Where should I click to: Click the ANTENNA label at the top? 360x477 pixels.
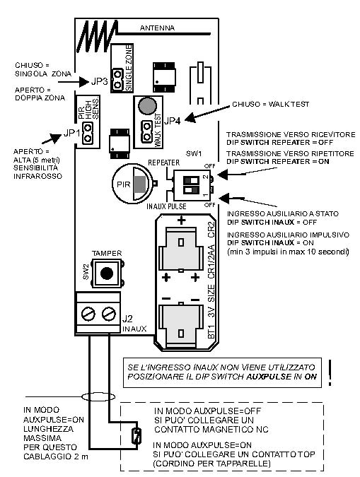click(x=157, y=28)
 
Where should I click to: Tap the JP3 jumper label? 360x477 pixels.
click(x=99, y=81)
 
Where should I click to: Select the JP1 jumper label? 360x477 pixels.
click(x=72, y=133)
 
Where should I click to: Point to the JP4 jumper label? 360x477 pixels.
click(x=173, y=121)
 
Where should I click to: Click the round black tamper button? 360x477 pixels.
click(x=107, y=273)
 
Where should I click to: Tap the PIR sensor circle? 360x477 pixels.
click(x=132, y=184)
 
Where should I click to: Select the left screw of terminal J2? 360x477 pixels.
click(x=88, y=314)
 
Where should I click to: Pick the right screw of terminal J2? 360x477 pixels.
click(x=108, y=314)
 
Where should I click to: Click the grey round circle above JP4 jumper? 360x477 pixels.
click(x=147, y=105)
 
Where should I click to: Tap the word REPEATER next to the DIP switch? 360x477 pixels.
click(x=164, y=163)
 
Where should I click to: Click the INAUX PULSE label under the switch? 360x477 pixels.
click(x=166, y=206)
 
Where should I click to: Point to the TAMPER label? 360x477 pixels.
click(x=107, y=253)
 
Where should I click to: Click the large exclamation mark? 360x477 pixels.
click(x=330, y=373)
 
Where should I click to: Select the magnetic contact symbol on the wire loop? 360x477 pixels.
click(x=136, y=436)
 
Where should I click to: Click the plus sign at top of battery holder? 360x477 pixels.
click(x=182, y=220)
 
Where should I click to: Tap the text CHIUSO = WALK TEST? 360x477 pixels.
click(x=270, y=105)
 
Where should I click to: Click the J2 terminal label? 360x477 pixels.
click(x=127, y=319)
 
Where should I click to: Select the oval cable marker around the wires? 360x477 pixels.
click(x=98, y=396)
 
